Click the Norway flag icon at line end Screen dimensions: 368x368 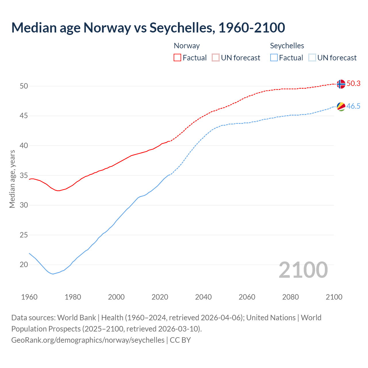[x=341, y=84]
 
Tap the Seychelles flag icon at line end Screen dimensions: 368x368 [x=341, y=106]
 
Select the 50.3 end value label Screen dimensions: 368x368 [x=353, y=83]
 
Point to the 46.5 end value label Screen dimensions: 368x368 [x=353, y=106]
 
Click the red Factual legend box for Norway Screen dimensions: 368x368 [x=177, y=57]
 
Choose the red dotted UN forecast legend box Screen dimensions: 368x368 [x=216, y=57]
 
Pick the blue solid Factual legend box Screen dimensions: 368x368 [x=274, y=57]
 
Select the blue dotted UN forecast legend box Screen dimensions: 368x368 [x=312, y=57]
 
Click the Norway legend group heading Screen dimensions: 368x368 [x=187, y=46]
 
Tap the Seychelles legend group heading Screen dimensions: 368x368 [x=287, y=46]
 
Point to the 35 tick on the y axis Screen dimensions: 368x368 [x=24, y=175]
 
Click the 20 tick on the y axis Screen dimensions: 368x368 [x=24, y=264]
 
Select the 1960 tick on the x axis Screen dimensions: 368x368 [x=29, y=297]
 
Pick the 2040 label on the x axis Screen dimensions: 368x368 [x=203, y=297]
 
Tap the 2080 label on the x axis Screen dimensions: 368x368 [x=290, y=297]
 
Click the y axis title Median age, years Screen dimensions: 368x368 [x=12, y=179]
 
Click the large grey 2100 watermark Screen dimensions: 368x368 [x=303, y=270]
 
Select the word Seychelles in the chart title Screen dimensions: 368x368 [x=182, y=28]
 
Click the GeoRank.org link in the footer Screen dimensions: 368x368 [x=88, y=340]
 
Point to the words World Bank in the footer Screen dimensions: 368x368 [x=76, y=317]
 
